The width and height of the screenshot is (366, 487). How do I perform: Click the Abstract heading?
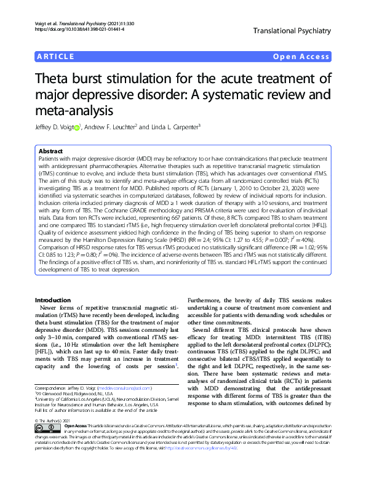point(50,151)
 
